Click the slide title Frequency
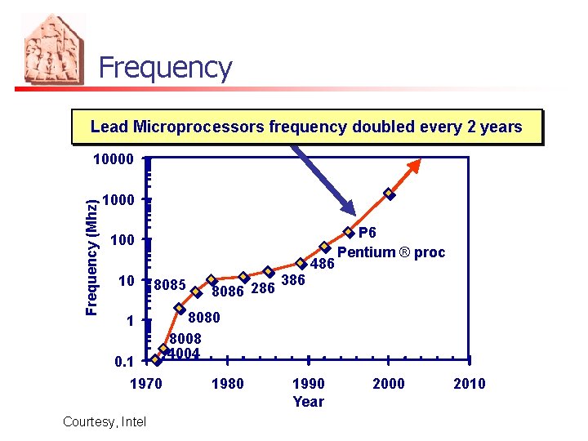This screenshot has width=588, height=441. pyautogui.click(x=165, y=68)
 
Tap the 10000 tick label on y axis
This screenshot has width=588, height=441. pyautogui.click(x=112, y=158)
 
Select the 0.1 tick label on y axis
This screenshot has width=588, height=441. pyautogui.click(x=122, y=360)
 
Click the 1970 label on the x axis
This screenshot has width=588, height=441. pyautogui.click(x=146, y=384)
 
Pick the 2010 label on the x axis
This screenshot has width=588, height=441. pyautogui.click(x=469, y=384)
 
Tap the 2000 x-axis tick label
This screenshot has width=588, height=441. pyautogui.click(x=388, y=384)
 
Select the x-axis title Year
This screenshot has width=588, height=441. pyautogui.click(x=308, y=402)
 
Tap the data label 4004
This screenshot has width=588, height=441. pyautogui.click(x=185, y=354)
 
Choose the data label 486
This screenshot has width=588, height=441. pyautogui.click(x=323, y=265)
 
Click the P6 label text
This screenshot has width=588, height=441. pyautogui.click(x=367, y=234)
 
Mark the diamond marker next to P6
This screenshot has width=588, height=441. pyautogui.click(x=349, y=233)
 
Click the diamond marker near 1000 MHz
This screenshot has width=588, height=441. pyautogui.click(x=390, y=194)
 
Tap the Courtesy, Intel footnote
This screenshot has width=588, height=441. pyautogui.click(x=103, y=421)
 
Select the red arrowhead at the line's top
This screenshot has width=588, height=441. pyautogui.click(x=414, y=164)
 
